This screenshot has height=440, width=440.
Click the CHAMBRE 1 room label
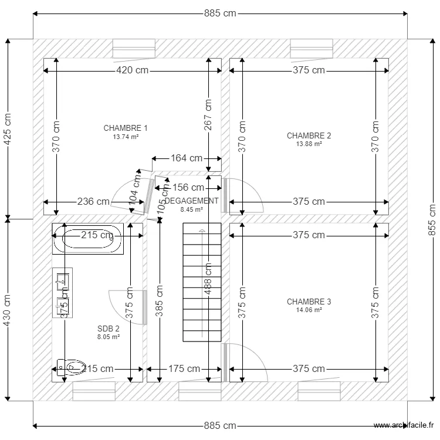(x=126, y=128)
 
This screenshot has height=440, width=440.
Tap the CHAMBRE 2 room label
(x=309, y=136)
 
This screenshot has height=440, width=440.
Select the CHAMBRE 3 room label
(x=309, y=302)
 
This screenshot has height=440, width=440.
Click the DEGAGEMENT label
(x=191, y=201)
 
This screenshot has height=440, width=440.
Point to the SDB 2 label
(x=109, y=329)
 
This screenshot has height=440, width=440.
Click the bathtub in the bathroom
(x=87, y=239)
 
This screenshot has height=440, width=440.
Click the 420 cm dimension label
(x=132, y=70)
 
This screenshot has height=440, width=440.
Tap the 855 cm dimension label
(x=432, y=219)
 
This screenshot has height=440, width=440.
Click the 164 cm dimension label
(x=187, y=158)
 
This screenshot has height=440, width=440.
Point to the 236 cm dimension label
(x=93, y=202)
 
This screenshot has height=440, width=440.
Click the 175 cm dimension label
(x=184, y=369)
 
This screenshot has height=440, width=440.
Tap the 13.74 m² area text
(x=126, y=137)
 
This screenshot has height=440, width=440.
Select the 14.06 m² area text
(x=309, y=310)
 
